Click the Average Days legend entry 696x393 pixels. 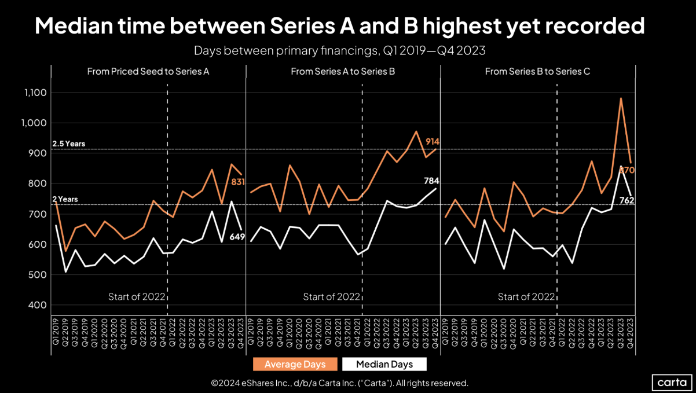(x=295, y=364)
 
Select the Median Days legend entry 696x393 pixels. (x=384, y=364)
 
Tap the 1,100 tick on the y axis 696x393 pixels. (x=35, y=93)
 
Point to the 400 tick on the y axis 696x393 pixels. (x=38, y=305)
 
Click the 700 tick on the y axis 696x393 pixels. (x=38, y=214)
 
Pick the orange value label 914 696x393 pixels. (x=433, y=142)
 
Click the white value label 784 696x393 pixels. (x=431, y=181)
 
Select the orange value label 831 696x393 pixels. (x=237, y=181)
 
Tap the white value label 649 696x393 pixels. (x=237, y=236)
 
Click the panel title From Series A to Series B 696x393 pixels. (x=343, y=72)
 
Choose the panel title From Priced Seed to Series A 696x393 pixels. (x=148, y=72)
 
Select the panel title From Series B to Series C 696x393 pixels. (x=537, y=72)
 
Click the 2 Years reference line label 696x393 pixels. (x=65, y=199)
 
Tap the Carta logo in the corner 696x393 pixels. (x=672, y=383)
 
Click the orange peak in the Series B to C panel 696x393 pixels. (x=621, y=98)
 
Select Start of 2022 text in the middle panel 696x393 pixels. (x=332, y=297)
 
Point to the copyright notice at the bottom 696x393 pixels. (x=339, y=383)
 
